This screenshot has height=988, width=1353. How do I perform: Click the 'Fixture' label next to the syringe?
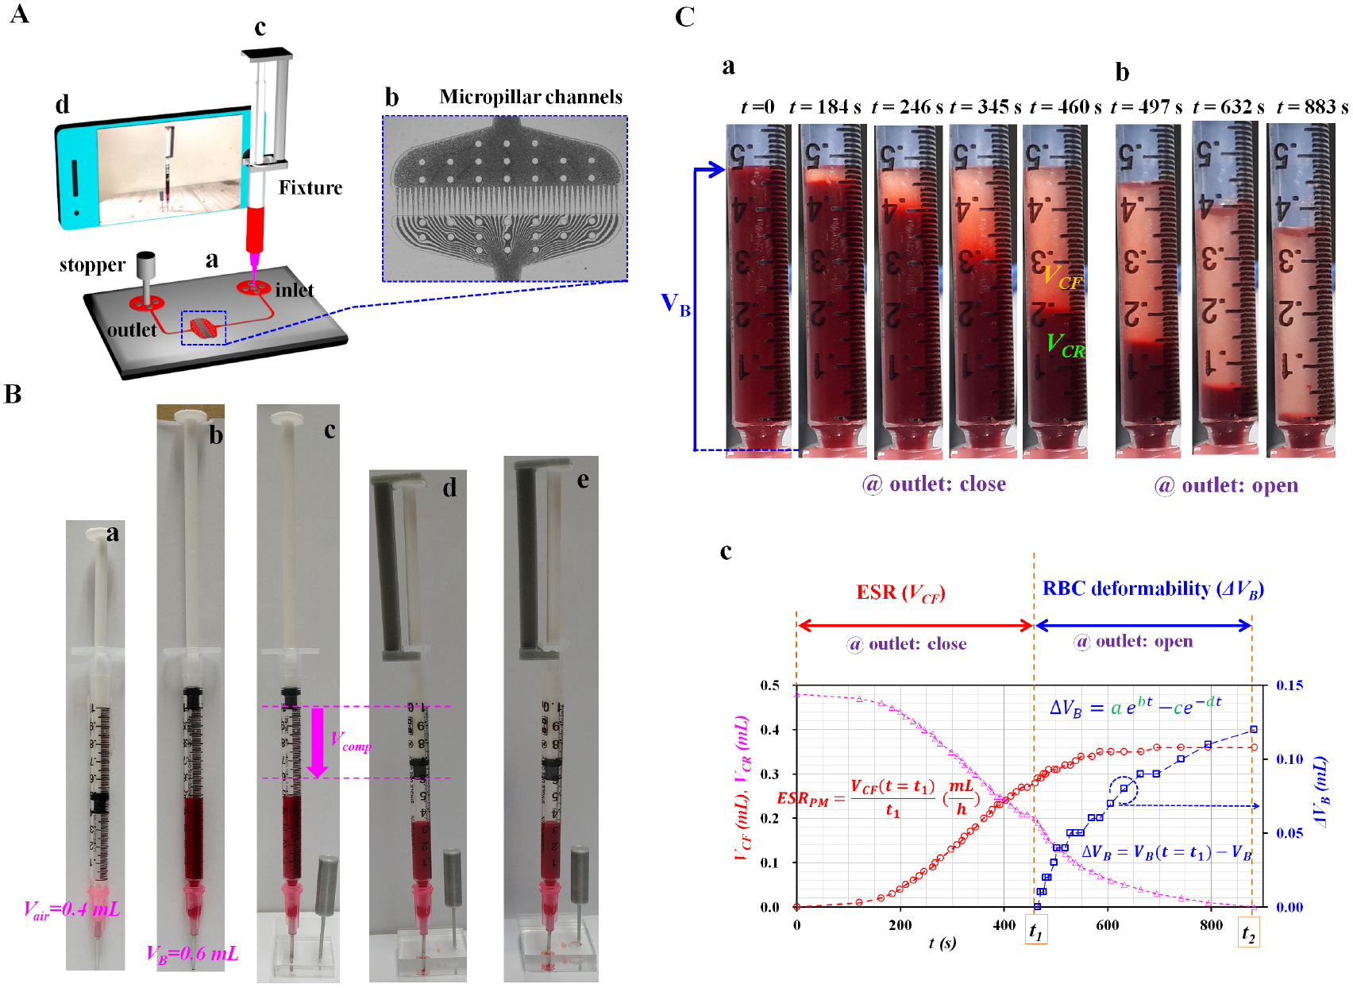pyautogui.click(x=310, y=188)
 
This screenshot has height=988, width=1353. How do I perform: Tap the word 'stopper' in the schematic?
pyautogui.click(x=92, y=265)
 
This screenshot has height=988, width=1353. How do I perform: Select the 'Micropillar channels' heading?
pyautogui.click(x=530, y=97)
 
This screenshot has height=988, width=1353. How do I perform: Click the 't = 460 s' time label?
pyautogui.click(x=1065, y=107)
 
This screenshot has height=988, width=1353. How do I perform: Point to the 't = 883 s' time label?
pyautogui.click(x=1312, y=107)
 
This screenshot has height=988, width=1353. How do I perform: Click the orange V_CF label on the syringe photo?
pyautogui.click(x=1062, y=278)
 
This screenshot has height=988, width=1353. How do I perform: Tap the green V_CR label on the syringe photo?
pyautogui.click(x=1065, y=345)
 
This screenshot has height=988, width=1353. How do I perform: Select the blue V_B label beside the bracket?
pyautogui.click(x=675, y=305)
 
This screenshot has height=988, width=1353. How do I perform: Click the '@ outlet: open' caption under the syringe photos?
pyautogui.click(x=1226, y=485)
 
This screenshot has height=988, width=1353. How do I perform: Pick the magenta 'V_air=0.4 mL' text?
pyautogui.click(x=72, y=910)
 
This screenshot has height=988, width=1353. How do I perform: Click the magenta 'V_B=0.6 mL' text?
pyautogui.click(x=192, y=954)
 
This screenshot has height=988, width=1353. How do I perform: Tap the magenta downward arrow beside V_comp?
pyautogui.click(x=318, y=742)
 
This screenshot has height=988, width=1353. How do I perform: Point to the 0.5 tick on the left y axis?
pyautogui.click(x=769, y=685)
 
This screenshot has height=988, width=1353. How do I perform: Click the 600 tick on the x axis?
pyautogui.click(x=1108, y=925)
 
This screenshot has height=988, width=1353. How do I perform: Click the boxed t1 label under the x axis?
pyautogui.click(x=1036, y=931)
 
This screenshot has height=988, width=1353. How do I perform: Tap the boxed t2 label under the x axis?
pyautogui.click(x=1248, y=933)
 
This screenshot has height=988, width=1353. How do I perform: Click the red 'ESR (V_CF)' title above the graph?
pyautogui.click(x=900, y=593)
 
